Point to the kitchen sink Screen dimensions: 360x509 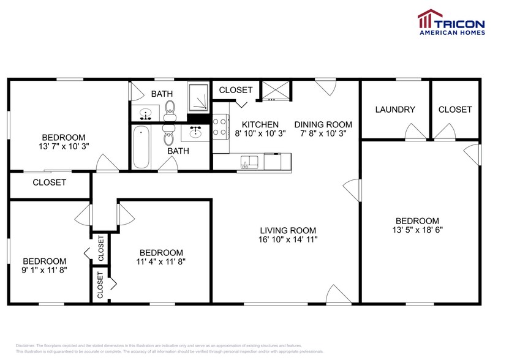point(249,162)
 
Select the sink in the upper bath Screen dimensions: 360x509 point(146,113)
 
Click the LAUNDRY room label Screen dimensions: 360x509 point(395,110)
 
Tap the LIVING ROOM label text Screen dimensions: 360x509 point(287,230)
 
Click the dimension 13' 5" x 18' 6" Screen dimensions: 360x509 point(417,230)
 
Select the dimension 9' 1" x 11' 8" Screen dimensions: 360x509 point(45,270)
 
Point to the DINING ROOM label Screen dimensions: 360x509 point(323,124)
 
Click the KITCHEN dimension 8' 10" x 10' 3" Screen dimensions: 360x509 point(260,133)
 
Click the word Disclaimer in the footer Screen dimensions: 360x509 point(25,346)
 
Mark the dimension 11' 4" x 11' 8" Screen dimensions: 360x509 point(161,261)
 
